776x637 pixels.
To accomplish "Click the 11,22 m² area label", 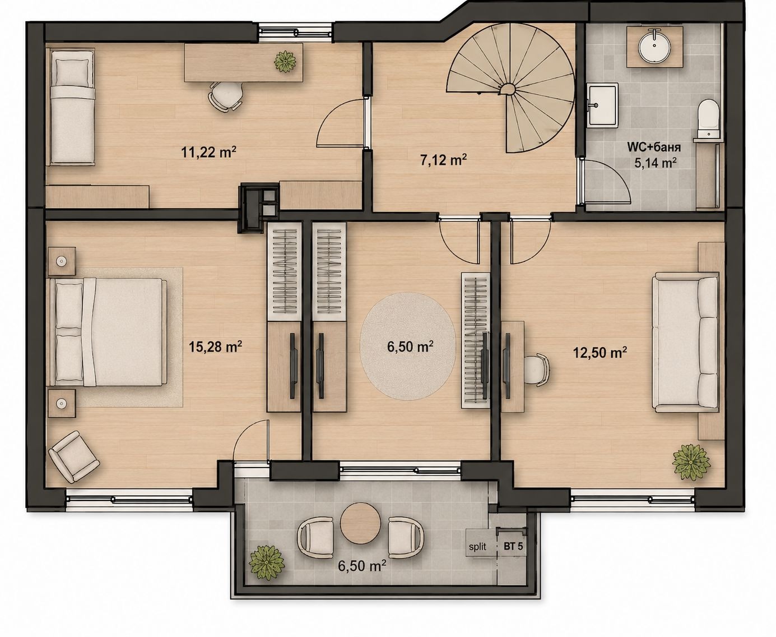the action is click(x=208, y=152).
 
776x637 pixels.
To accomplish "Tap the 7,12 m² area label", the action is click(x=444, y=160).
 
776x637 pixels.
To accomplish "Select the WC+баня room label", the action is click(x=654, y=147).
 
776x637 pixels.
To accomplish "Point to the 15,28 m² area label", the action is click(x=215, y=347).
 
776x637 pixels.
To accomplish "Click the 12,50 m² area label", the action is click(x=600, y=352).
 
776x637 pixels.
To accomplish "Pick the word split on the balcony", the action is click(x=477, y=546).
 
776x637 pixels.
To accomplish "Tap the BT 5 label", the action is click(x=513, y=546).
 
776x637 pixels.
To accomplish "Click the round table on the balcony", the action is click(x=360, y=524).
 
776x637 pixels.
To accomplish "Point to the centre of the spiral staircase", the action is click(x=509, y=90).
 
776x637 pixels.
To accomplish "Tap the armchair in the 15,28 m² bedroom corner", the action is click(x=73, y=456).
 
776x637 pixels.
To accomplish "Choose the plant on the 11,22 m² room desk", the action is click(x=285, y=62).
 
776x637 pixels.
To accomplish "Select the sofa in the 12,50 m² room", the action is click(x=685, y=343).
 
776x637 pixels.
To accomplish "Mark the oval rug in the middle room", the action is click(x=408, y=346).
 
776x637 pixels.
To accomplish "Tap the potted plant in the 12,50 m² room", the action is click(x=691, y=463).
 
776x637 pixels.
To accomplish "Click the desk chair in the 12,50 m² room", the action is click(x=536, y=370).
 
